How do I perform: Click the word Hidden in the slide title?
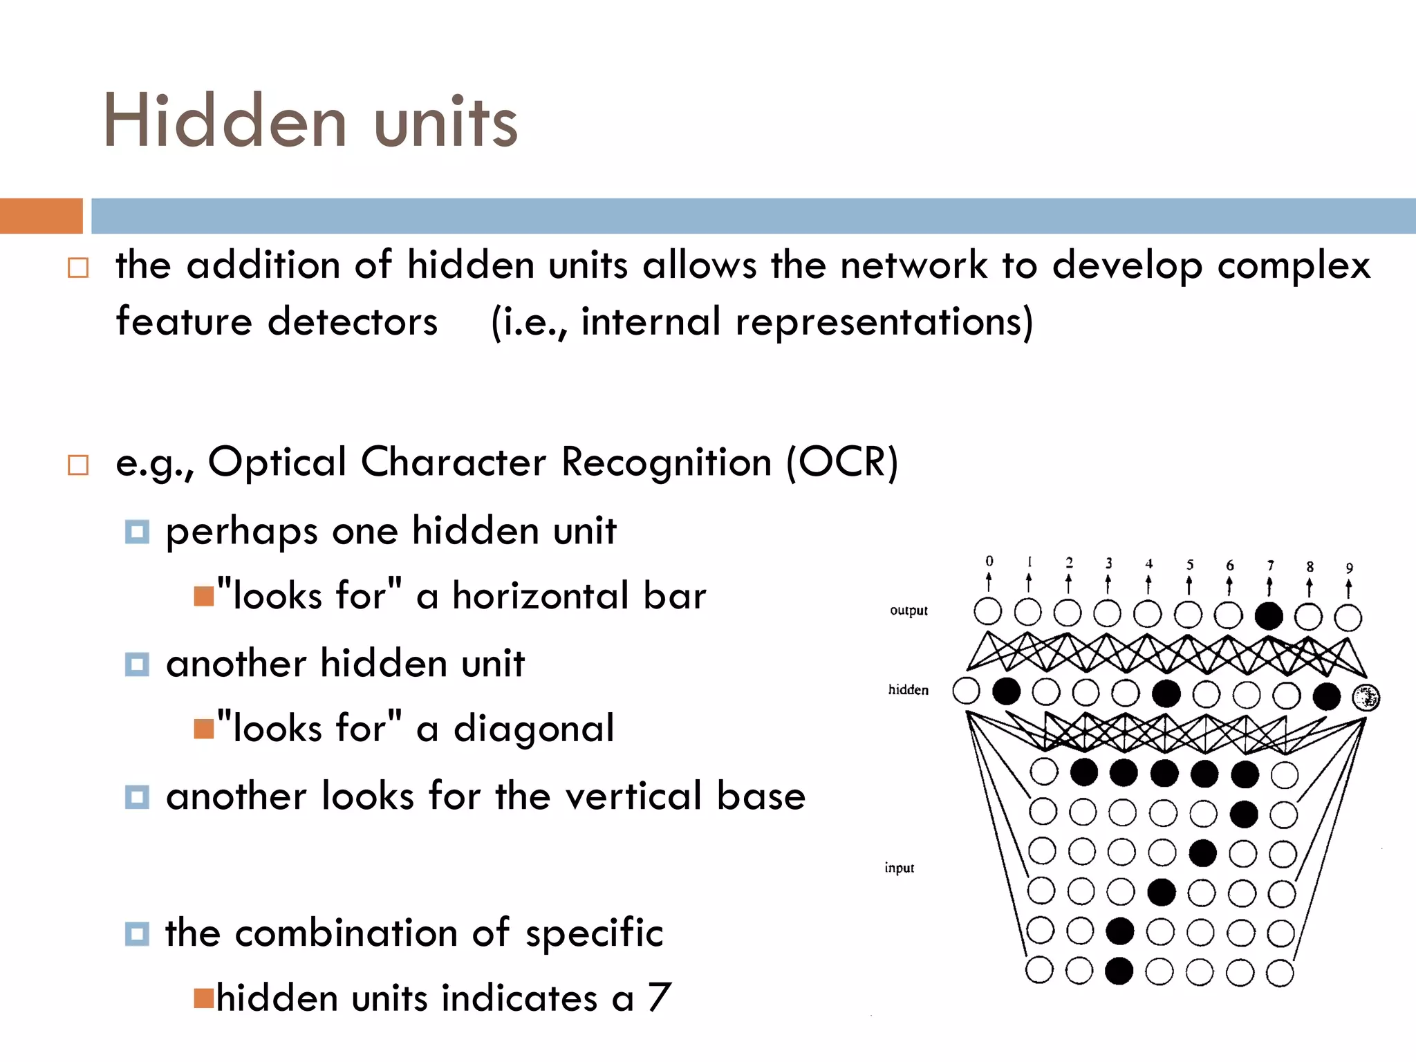(x=225, y=121)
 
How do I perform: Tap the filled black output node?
(x=1269, y=615)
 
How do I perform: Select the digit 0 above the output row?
(x=989, y=561)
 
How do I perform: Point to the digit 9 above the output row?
(x=1349, y=568)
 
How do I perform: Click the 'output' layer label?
(x=909, y=611)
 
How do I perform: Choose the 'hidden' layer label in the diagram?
(x=908, y=689)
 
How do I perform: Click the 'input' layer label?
(x=899, y=868)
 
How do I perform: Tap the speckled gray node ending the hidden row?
(x=1366, y=698)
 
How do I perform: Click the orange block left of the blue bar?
(x=41, y=216)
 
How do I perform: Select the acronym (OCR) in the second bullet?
(x=842, y=462)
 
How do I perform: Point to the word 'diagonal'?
(x=533, y=729)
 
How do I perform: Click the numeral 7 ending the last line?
(x=660, y=997)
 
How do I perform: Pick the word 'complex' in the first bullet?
(x=1293, y=266)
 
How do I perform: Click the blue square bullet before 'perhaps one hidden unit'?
(x=137, y=532)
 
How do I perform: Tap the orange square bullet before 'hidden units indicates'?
(x=204, y=998)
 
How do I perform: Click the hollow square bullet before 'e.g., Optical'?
(x=78, y=465)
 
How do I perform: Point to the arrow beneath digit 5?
(x=1189, y=585)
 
